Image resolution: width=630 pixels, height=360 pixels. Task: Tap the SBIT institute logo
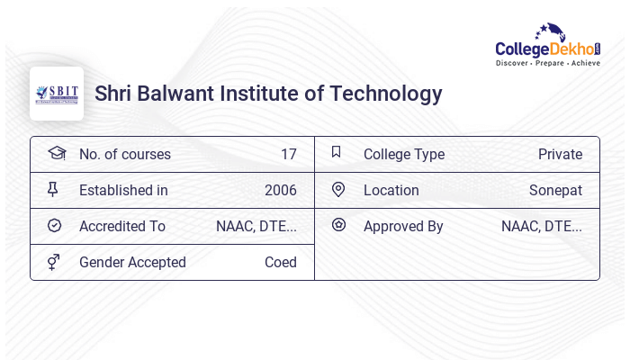(x=57, y=94)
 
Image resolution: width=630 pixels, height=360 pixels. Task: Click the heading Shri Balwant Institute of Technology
(x=268, y=94)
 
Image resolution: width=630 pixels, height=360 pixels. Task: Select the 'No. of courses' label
(x=124, y=155)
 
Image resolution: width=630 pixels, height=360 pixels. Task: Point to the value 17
(x=288, y=155)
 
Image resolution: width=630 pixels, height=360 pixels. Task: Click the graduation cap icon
(x=56, y=153)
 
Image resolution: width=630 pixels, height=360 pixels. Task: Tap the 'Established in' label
(x=123, y=191)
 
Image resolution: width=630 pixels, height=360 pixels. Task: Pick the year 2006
(x=280, y=191)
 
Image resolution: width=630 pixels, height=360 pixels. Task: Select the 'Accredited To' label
(x=121, y=227)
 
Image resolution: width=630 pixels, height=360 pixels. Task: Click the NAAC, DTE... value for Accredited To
(x=256, y=227)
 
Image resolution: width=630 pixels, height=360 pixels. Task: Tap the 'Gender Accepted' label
(x=132, y=263)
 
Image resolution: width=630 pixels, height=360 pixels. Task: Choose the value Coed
(x=280, y=263)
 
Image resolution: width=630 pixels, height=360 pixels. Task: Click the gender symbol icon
(x=53, y=262)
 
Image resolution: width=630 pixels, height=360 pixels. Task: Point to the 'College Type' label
(x=403, y=155)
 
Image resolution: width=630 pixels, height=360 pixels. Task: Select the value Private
(x=560, y=155)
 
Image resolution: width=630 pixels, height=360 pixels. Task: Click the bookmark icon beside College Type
(x=336, y=152)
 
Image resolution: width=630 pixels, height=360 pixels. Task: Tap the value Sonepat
(x=555, y=191)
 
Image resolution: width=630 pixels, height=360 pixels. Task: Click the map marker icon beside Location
(x=338, y=189)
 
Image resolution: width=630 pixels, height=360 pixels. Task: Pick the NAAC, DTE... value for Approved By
(x=541, y=227)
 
